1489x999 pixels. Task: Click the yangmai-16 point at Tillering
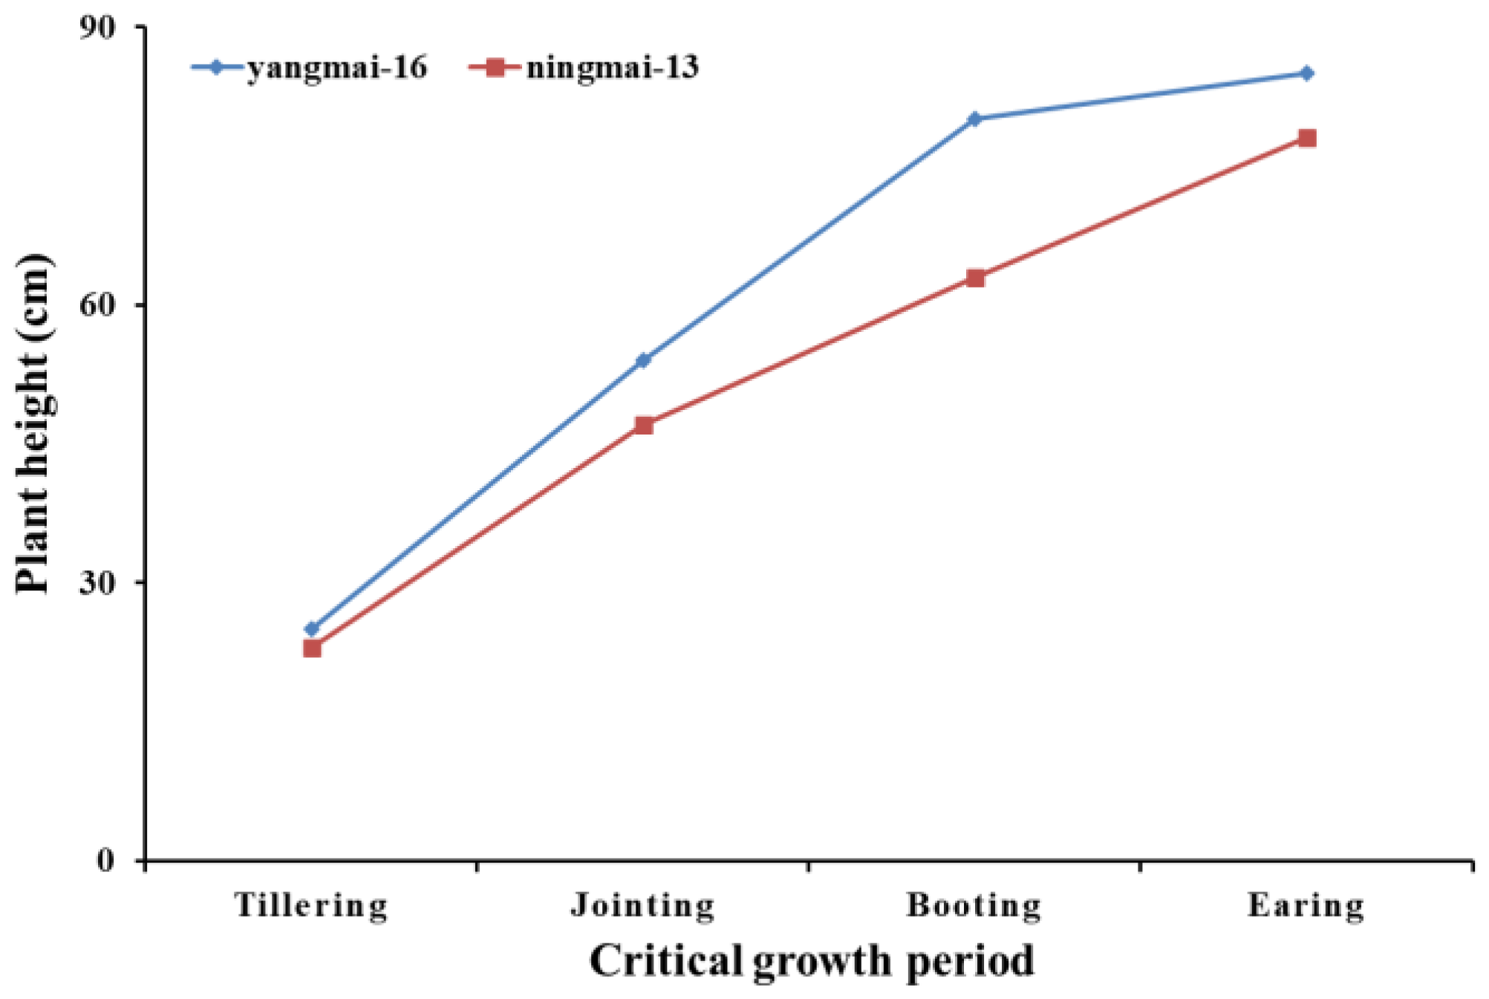click(312, 629)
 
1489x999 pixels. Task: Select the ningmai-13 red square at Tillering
click(312, 648)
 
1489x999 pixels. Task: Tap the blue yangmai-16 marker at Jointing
click(643, 360)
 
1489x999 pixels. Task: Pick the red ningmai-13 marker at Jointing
click(644, 426)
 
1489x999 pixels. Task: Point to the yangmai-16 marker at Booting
click(975, 119)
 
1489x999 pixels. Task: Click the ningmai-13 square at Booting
click(976, 279)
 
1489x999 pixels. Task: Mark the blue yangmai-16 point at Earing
click(1307, 74)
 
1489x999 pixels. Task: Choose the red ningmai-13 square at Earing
click(1307, 138)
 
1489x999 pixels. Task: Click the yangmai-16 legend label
click(337, 68)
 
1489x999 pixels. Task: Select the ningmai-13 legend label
click(613, 68)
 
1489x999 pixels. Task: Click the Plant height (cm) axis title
click(33, 423)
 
